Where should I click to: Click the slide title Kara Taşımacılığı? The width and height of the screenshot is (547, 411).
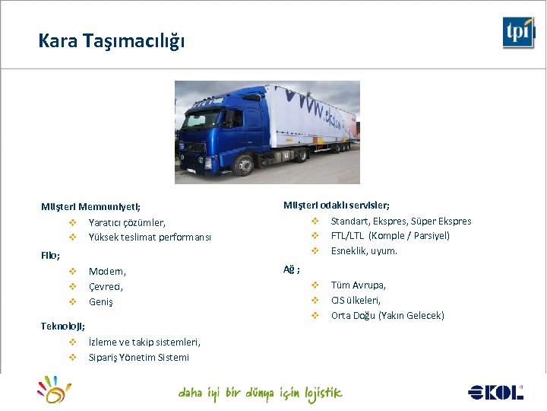point(111,40)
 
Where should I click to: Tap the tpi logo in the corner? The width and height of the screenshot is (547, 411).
point(518,33)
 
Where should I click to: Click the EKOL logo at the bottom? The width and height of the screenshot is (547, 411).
point(496,392)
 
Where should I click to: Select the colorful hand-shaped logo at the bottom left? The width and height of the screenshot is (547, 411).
point(55,389)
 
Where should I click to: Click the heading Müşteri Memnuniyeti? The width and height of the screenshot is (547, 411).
point(90,206)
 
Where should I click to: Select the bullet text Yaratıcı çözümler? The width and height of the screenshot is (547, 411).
point(127,222)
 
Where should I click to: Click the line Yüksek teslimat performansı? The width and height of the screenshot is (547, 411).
point(150,237)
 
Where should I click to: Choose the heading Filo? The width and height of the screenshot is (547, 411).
point(50,255)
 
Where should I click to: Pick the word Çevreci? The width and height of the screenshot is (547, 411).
point(106,287)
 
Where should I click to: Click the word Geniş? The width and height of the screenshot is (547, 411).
point(100,302)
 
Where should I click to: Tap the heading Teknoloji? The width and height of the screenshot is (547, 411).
point(62,326)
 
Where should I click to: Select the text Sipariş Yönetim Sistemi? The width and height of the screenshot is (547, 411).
point(139,357)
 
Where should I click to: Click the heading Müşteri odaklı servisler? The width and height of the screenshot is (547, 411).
point(337,205)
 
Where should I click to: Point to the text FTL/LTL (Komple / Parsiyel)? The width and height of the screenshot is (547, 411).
point(390,235)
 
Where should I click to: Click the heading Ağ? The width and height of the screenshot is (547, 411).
point(291,269)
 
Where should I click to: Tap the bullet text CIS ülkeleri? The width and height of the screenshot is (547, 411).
point(356,300)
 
